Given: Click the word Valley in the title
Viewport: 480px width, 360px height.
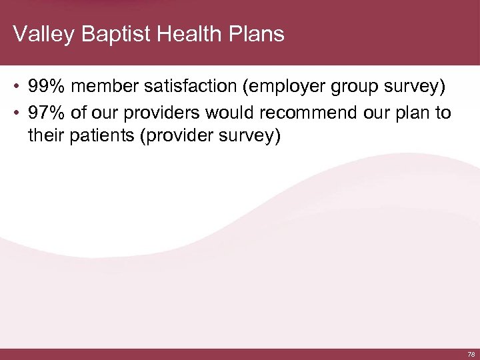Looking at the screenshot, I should point(43,34).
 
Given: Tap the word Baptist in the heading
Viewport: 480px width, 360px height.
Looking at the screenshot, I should point(109,34).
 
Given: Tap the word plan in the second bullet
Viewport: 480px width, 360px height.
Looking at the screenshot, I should point(411,114).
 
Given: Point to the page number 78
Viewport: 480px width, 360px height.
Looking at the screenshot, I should point(471,354).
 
